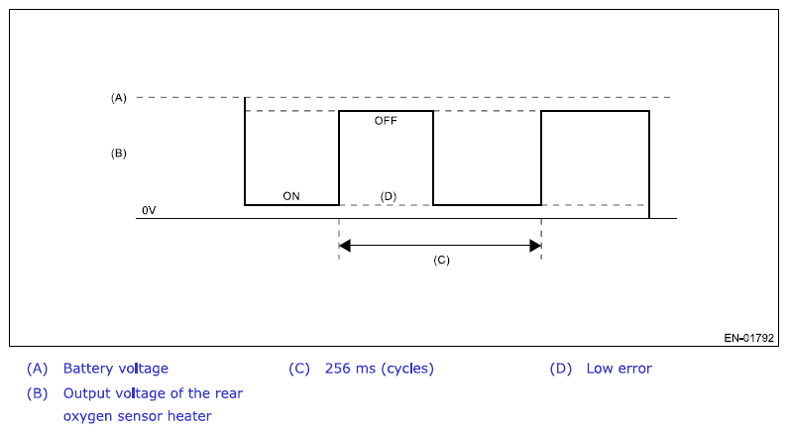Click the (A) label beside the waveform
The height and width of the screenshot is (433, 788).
pos(119,98)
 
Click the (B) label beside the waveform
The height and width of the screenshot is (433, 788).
pos(119,155)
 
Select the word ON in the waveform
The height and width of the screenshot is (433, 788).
pos(291,196)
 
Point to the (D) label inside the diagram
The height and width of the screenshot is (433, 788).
pos(389,196)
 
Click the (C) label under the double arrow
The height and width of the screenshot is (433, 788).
pos(441,260)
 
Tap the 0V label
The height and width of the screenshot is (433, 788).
pos(149,211)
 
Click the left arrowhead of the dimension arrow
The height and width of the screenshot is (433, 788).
pos(345,245)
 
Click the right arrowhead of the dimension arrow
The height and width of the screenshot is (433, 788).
pos(535,245)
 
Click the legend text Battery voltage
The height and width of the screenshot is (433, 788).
pos(116,369)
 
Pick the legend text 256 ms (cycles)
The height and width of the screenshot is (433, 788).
pos(380,369)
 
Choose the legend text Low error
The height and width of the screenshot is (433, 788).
pos(619,369)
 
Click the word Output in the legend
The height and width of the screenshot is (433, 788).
pos(86,392)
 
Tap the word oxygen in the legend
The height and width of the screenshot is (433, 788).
pos(87,416)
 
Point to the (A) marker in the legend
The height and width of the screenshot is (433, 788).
pos(38,369)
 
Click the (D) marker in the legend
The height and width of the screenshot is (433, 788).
pos(561,369)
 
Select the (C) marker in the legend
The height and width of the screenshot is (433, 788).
pos(299,369)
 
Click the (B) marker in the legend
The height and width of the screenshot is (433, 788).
pos(38,392)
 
